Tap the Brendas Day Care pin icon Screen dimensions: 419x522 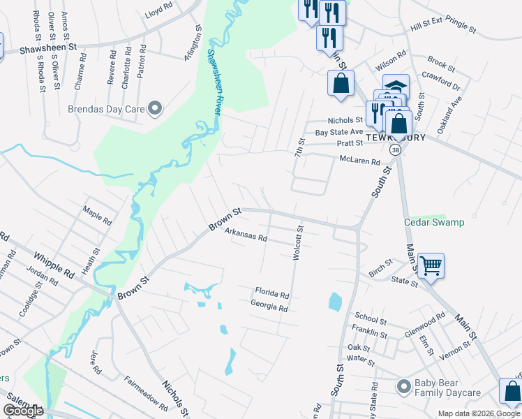coord(155,108)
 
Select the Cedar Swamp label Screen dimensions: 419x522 coord(434,222)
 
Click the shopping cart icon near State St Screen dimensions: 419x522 coord(431,265)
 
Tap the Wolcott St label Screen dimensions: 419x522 coord(297,242)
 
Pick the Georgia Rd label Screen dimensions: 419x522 coord(269,306)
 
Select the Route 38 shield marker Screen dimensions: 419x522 coord(396,150)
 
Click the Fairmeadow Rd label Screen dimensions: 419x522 coord(146,392)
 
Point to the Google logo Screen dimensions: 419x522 coord(22,411)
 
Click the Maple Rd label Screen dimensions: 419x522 coord(97,213)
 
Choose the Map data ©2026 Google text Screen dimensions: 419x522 coord(479,413)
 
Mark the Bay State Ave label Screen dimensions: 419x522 coord(339,131)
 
